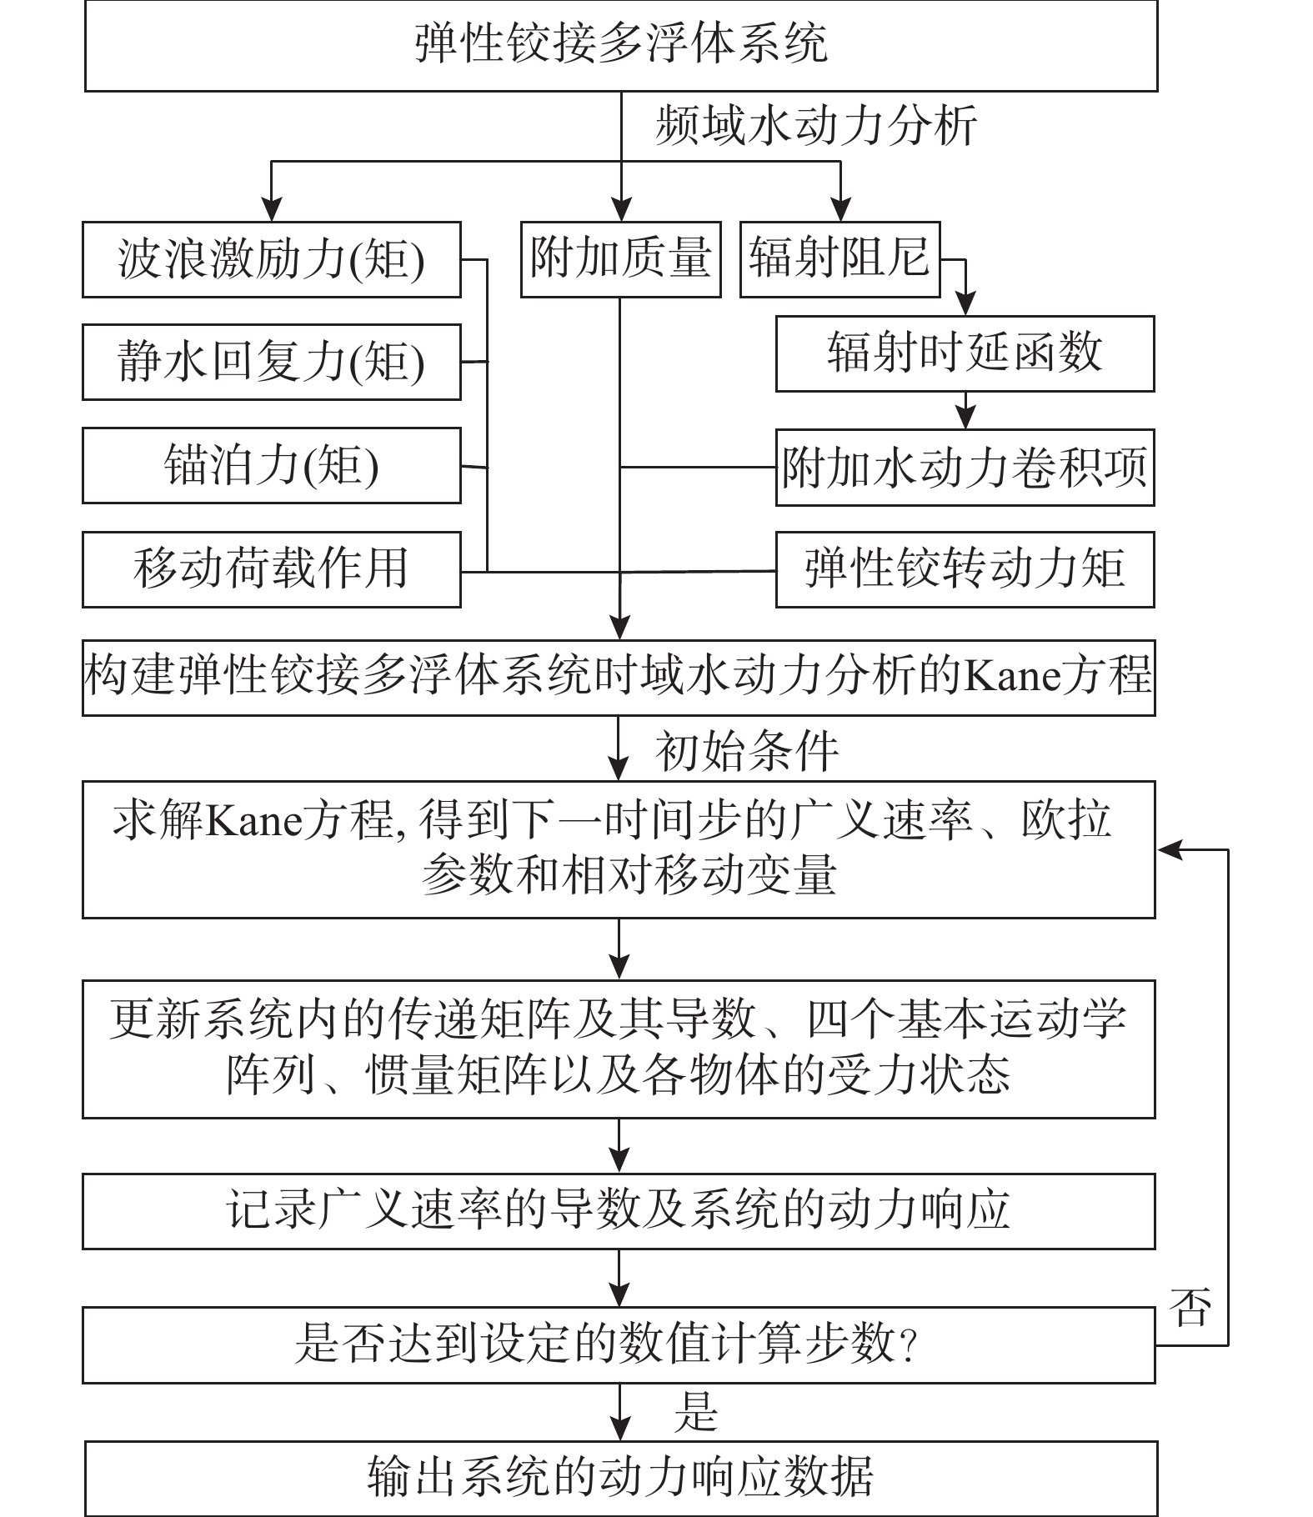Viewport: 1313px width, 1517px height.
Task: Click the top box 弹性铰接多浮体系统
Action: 621,45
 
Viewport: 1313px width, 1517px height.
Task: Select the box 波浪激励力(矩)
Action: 271,259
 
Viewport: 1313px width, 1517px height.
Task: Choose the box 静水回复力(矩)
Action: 271,363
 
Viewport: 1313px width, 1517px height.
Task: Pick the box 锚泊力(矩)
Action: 271,466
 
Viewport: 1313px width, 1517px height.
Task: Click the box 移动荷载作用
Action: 271,569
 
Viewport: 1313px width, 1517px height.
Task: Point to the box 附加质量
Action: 620,259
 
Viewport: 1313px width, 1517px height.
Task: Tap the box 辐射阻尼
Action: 839,259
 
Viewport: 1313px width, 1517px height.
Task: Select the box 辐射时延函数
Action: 965,353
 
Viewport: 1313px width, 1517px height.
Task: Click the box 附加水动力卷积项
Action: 965,468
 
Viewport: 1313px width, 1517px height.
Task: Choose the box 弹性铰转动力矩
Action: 965,569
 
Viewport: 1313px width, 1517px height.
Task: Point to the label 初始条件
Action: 747,752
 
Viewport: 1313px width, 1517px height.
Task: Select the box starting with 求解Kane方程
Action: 619,849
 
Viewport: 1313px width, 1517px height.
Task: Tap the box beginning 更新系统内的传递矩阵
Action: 619,1049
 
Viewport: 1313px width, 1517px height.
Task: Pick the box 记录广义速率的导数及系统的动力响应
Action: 619,1211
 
